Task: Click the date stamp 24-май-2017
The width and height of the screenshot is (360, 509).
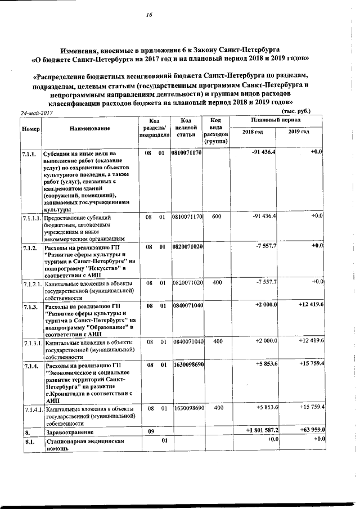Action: [37, 113]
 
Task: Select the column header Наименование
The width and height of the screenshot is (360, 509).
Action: [90, 129]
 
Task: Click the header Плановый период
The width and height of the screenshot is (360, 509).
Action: [276, 120]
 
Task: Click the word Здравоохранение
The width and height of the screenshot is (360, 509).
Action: [70, 432]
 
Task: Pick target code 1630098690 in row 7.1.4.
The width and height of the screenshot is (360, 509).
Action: [188, 365]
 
